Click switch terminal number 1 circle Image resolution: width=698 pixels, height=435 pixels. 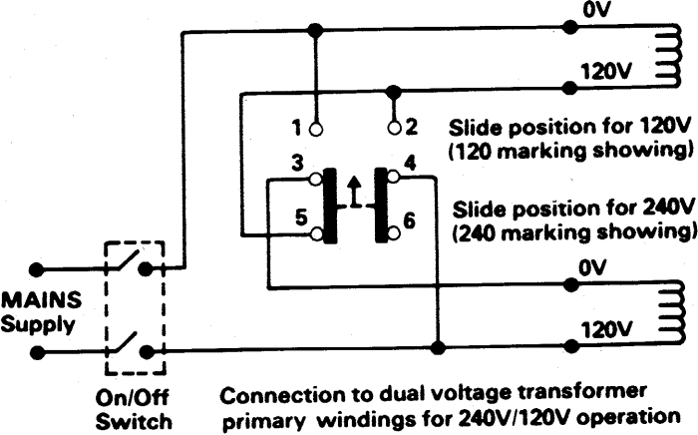click(316, 129)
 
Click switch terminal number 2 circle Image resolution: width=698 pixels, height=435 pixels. click(394, 129)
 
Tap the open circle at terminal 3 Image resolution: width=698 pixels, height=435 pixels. click(316, 179)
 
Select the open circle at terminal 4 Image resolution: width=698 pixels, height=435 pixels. click(394, 178)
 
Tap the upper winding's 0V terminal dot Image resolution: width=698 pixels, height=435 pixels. click(568, 28)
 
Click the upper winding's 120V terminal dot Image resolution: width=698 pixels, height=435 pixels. click(568, 87)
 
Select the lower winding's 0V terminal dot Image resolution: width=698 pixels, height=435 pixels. click(571, 284)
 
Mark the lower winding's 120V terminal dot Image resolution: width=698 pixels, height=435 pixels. click(571, 345)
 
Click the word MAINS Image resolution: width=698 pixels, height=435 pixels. click(41, 300)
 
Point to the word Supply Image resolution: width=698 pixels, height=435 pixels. click(38, 324)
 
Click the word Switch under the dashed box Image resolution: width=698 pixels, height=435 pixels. click(134, 421)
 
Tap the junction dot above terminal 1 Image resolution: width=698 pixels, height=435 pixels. click(316, 31)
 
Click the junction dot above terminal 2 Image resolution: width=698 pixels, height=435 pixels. click(393, 92)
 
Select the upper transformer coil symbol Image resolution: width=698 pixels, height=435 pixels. click(670, 56)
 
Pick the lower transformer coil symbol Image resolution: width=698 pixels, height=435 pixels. click(671, 313)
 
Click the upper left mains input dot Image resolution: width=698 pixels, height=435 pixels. click(36, 269)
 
